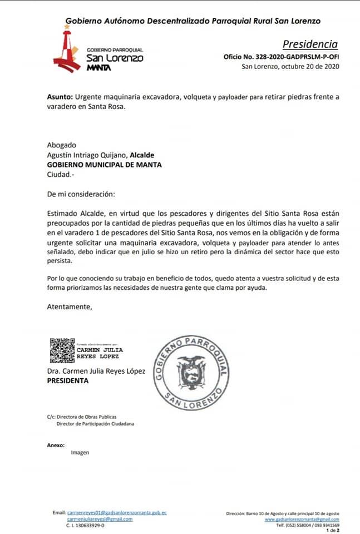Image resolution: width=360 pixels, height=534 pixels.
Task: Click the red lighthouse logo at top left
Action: (67, 51)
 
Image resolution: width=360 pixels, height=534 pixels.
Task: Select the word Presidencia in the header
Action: (310, 44)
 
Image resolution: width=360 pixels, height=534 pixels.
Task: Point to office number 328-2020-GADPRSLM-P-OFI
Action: (281, 57)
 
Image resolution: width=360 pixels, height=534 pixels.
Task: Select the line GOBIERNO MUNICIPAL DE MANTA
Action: (105, 165)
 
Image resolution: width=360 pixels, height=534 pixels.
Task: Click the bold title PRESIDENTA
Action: (67, 381)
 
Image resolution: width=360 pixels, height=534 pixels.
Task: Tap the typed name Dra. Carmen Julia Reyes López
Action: (96, 372)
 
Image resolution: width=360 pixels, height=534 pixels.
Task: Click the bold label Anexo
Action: (56, 444)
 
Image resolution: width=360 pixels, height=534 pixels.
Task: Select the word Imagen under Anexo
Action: (80, 452)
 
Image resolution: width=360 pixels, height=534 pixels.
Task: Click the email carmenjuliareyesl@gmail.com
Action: (100, 519)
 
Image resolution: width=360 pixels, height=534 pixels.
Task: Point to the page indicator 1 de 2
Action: (333, 530)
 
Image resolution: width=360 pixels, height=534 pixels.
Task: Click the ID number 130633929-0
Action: (85, 525)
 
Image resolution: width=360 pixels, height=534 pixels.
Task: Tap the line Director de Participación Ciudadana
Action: (95, 423)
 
